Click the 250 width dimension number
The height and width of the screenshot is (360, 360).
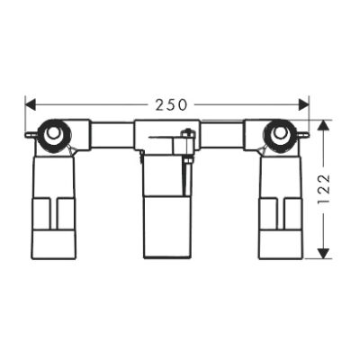tap(171, 104)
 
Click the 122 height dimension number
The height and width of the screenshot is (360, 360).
tap(323, 189)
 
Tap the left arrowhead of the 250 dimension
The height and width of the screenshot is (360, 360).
tap(31, 104)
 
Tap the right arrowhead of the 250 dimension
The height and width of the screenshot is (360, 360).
tap(303, 104)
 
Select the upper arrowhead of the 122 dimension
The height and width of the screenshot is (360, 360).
tap(323, 125)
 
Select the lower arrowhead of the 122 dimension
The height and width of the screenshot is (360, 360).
tap(323, 254)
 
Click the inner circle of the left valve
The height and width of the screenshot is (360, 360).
tap(54, 132)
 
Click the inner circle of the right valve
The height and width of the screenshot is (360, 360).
tap(280, 132)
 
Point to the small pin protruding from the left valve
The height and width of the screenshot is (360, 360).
tap(31, 135)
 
